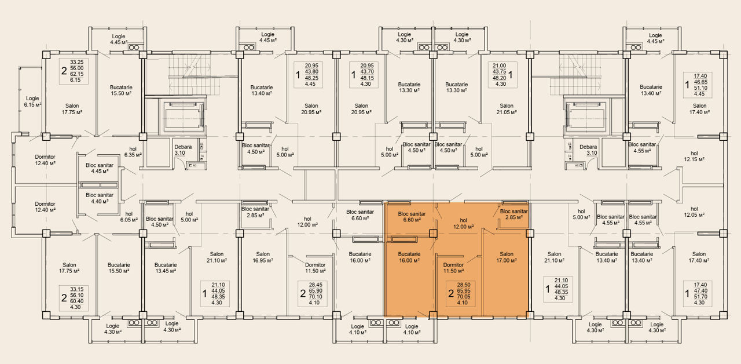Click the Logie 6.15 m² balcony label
pyautogui.click(x=32, y=101)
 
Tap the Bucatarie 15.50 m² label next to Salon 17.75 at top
pyautogui.click(x=121, y=90)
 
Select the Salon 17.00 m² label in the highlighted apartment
pyautogui.click(x=507, y=257)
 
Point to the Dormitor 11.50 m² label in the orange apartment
pyautogui.click(x=453, y=268)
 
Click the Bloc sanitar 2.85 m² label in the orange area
pyautogui.click(x=513, y=214)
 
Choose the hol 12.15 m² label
pyautogui.click(x=694, y=156)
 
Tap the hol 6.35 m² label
pyautogui.click(x=133, y=152)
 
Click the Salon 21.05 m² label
pyautogui.click(x=507, y=108)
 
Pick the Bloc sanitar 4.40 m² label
pyautogui.click(x=100, y=198)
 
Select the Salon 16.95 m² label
pyautogui.click(x=263, y=257)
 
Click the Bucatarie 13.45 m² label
pyautogui.click(x=166, y=268)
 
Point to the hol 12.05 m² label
pyautogui.click(x=694, y=212)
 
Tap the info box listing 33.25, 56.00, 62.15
pyautogui.click(x=74, y=71)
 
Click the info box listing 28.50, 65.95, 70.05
pyautogui.click(x=460, y=293)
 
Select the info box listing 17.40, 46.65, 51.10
pyautogui.click(x=698, y=85)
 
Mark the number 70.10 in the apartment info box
pyautogui.click(x=316, y=297)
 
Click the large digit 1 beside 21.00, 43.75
pyautogui.click(x=511, y=75)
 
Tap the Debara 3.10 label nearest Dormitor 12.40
pyautogui.click(x=183, y=150)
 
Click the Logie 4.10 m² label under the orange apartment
pyautogui.click(x=412, y=329)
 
